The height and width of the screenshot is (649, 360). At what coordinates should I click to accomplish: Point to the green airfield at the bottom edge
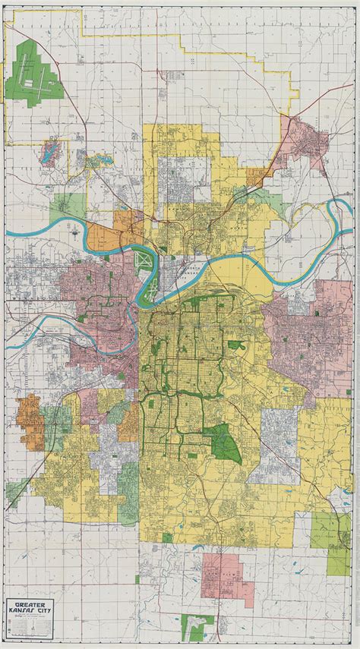pos(200,626)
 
